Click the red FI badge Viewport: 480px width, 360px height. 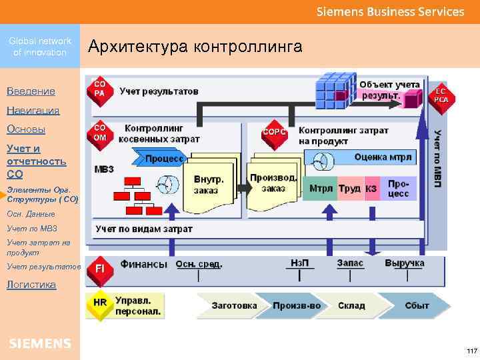tap(99, 268)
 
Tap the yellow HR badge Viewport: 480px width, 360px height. tap(99, 303)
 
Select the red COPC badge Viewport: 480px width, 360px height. tap(275, 131)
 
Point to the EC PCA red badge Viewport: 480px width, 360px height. tap(441, 95)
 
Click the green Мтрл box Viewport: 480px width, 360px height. tap(320, 189)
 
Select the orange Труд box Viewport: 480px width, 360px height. tap(349, 189)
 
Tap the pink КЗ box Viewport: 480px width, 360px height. tap(371, 189)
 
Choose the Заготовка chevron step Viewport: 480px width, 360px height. tap(233, 306)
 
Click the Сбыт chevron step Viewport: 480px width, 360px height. tap(416, 306)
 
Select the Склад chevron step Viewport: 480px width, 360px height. tap(352, 306)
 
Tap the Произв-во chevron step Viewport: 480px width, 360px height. tap(296, 306)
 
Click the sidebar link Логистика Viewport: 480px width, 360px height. tap(31, 285)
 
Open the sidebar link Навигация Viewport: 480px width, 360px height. tap(33, 111)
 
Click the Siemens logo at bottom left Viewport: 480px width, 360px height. tap(39, 343)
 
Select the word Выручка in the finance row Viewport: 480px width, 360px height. tap(404, 263)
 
